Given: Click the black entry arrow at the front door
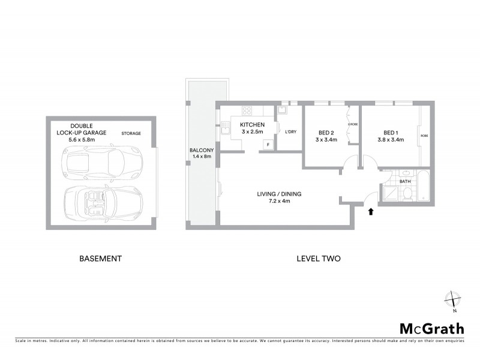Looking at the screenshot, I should (371, 211).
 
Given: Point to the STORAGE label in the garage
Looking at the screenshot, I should (131, 133).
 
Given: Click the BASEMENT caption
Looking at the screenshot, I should (101, 259).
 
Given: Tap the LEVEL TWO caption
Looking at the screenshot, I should (319, 259).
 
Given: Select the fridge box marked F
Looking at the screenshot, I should (268, 144).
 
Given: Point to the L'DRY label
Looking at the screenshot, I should (291, 131).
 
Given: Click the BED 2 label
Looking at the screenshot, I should (326, 133).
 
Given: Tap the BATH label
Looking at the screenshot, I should (406, 181).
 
